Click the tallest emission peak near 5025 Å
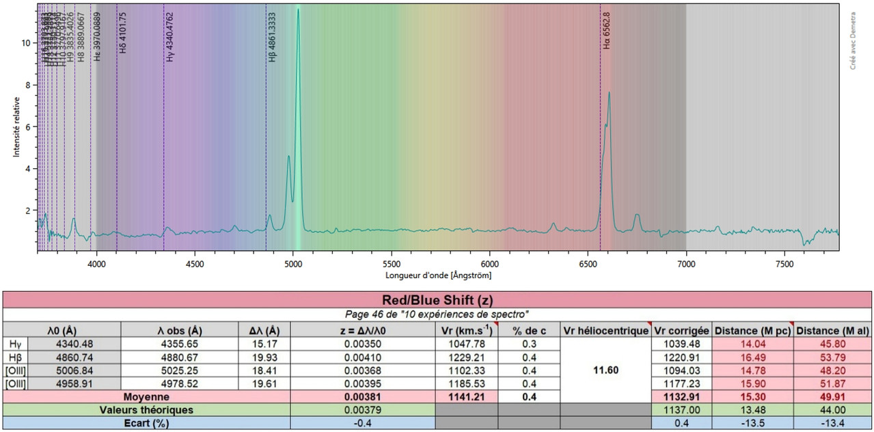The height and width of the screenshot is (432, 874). coord(298,10)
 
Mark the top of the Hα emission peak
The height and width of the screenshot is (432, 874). coord(609,93)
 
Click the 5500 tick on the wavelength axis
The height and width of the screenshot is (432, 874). coord(392,262)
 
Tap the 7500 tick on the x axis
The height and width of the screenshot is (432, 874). coord(784,262)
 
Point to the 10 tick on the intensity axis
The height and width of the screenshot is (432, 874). coord(26,42)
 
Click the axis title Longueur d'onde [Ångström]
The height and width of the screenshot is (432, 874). coord(438,275)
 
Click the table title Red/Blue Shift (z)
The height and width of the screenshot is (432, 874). coord(437,299)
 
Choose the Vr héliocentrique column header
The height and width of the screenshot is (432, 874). coord(605,331)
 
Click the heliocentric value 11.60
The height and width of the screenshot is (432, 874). coord(605,370)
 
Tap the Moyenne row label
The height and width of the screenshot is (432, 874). coord(146,396)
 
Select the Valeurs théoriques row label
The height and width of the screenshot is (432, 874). coord(146,409)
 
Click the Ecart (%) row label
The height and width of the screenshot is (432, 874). coord(146,422)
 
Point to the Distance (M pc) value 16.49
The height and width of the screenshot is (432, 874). coord(753,357)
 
